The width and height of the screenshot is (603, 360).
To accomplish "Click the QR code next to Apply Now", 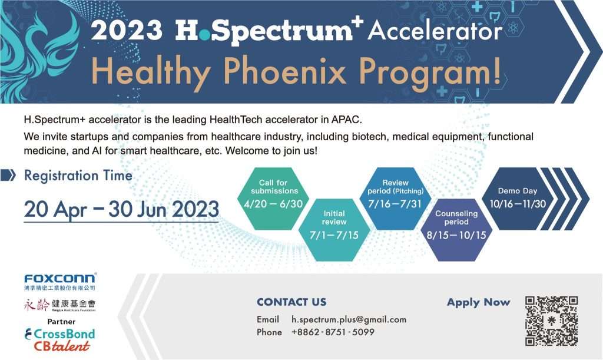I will click(x=551, y=321).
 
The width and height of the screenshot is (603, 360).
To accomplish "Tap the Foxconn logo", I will click(x=60, y=278).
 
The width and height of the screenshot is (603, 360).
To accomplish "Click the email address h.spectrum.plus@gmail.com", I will click(x=349, y=319).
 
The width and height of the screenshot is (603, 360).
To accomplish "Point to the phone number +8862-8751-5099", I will click(x=333, y=332).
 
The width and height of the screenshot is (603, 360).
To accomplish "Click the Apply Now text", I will click(x=478, y=302).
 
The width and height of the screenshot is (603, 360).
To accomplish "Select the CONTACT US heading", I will click(x=291, y=302).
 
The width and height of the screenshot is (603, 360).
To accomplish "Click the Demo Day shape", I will click(x=518, y=198).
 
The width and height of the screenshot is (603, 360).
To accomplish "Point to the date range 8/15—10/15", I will click(x=456, y=235).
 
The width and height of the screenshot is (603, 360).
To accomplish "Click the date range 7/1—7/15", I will click(x=334, y=235).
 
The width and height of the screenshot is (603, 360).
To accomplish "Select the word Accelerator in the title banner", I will click(x=435, y=31).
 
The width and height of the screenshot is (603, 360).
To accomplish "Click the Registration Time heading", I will click(x=78, y=175).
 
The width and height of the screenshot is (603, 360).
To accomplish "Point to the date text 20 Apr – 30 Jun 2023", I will click(x=121, y=209).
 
